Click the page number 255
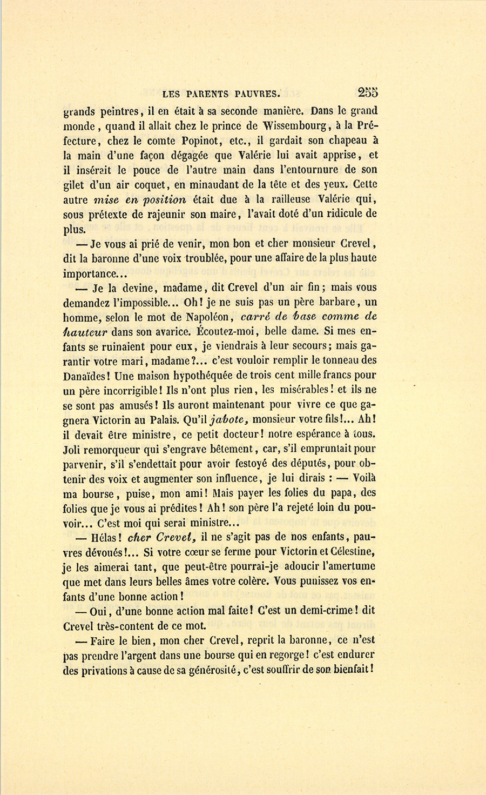click(x=367, y=92)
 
